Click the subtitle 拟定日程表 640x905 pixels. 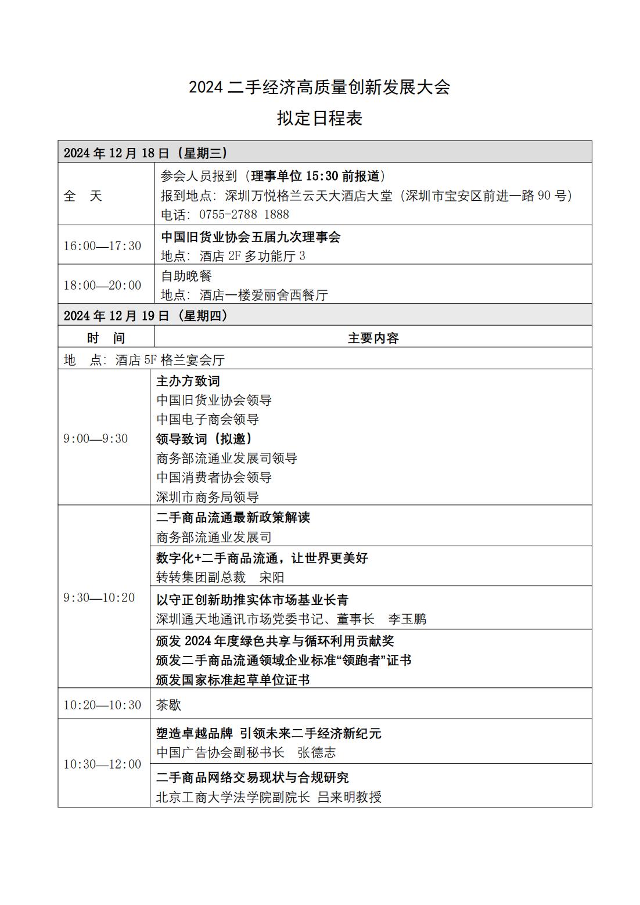coord(319,118)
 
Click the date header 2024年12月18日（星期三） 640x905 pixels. coord(145,153)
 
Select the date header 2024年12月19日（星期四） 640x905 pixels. coord(145,316)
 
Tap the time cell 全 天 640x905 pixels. coord(82,196)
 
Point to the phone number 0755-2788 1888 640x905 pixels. coord(244,215)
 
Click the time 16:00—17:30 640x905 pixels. coord(102,246)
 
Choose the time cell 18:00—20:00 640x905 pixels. coord(102,285)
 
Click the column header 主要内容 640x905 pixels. coord(373,338)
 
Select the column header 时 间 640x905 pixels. coord(106,338)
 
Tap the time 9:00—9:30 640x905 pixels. coord(95,438)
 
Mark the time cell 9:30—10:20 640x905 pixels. coord(99,597)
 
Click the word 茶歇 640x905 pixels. coord(168,705)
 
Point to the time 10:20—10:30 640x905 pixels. coord(102,705)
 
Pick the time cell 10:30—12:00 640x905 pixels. coord(102,764)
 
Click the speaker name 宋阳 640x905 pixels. coord(272,578)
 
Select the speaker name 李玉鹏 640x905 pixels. coord(407,619)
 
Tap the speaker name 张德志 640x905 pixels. coord(317,753)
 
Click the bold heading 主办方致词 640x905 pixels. coord(188,381)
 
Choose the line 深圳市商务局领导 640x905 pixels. coord(207,497)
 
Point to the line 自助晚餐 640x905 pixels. coord(186,276)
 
